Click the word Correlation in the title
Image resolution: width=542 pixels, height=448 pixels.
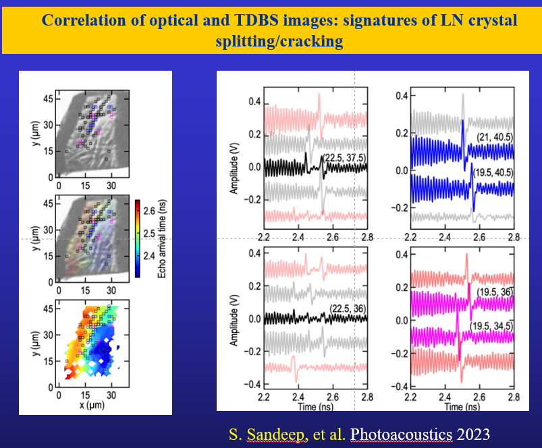tap(83, 20)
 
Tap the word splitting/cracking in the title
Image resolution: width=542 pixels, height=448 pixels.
tap(279, 41)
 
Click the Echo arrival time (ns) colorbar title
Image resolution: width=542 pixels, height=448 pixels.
tap(162, 239)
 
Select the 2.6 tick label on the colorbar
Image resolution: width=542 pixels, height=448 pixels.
tap(149, 211)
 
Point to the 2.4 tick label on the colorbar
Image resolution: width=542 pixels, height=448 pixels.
tap(149, 256)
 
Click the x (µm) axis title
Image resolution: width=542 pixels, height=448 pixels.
tap(92, 404)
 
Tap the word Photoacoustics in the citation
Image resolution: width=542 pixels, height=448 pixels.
tap(402, 435)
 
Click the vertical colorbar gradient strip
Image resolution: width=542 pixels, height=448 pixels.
tap(138, 238)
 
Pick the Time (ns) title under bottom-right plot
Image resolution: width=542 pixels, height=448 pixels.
tap(462, 407)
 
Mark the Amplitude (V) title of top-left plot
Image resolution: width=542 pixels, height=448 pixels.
tap(234, 168)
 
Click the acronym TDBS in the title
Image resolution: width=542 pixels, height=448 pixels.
tap(256, 20)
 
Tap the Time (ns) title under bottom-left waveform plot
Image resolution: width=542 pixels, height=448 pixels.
tap(316, 407)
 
